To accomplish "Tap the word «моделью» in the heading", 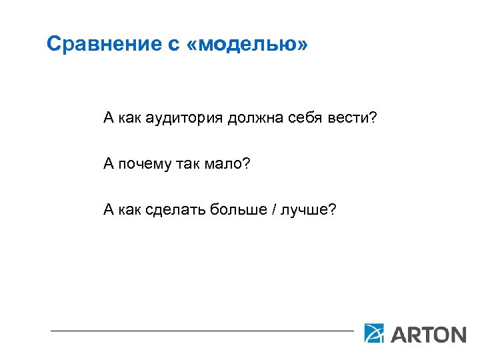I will pyautogui.click(x=251, y=45).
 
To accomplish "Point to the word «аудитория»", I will pyautogui.click(x=183, y=119).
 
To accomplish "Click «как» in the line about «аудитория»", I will pyautogui.click(x=130, y=119).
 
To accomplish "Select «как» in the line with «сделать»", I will pyautogui.click(x=130, y=211).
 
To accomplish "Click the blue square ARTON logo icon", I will pyautogui.click(x=374, y=333).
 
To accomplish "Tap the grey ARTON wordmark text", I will pyautogui.click(x=427, y=333).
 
